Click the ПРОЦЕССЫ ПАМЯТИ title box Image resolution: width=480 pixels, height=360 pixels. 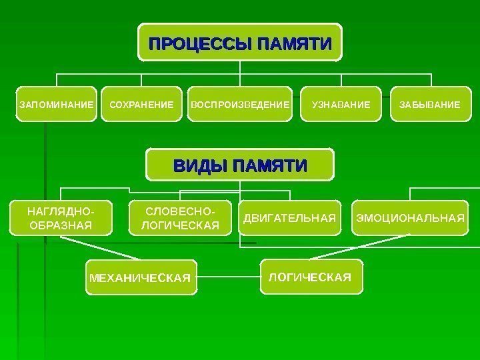(240, 44)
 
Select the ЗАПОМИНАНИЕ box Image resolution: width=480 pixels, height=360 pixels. (56, 105)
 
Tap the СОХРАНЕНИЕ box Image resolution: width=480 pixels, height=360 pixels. (141, 105)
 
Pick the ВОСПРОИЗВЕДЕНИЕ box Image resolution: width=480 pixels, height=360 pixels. (240, 105)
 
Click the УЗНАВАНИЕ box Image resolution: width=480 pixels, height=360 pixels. (340, 105)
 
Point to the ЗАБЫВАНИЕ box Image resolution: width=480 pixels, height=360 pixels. (429, 105)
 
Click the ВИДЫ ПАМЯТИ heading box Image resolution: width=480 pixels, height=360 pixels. (240, 165)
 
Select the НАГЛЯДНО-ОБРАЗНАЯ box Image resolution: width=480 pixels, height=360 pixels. (60, 218)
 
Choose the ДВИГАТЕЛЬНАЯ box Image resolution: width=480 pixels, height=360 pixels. (289, 218)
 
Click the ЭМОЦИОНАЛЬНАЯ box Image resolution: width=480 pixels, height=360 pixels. (409, 218)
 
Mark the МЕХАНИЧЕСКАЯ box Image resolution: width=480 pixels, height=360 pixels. (143, 277)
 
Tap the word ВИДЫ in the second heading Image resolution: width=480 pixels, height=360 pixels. (198, 165)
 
